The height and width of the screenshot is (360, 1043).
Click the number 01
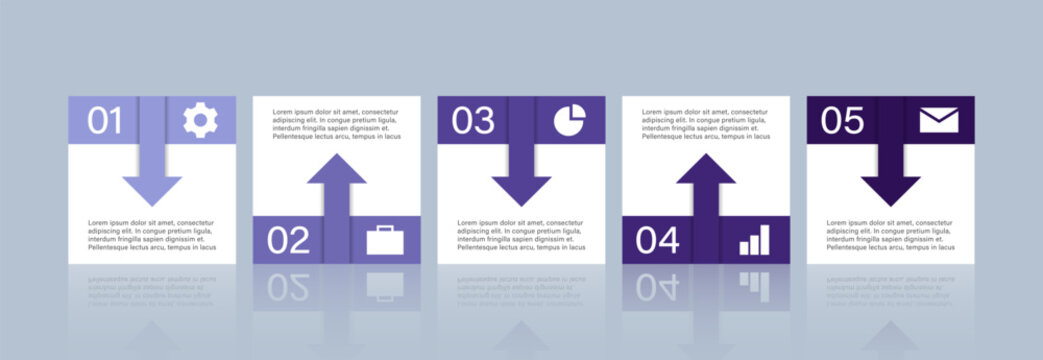click(x=104, y=121)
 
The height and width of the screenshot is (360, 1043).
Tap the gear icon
click(x=200, y=121)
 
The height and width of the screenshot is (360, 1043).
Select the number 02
click(x=288, y=240)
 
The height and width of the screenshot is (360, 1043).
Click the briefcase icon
click(x=385, y=240)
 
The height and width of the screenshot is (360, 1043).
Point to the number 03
click(x=473, y=121)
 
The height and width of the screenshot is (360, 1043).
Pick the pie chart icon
click(x=569, y=121)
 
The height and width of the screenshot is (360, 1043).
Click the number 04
click(x=658, y=240)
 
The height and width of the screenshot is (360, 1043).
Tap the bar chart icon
click(x=755, y=240)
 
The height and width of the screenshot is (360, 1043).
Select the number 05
click(x=842, y=121)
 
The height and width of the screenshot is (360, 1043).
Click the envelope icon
click(x=939, y=121)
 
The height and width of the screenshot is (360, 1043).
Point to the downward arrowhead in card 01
click(x=152, y=189)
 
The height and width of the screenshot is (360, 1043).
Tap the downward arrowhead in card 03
click(x=521, y=189)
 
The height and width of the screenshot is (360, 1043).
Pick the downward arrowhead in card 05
click(x=890, y=189)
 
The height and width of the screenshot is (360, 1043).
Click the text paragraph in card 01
click(x=152, y=235)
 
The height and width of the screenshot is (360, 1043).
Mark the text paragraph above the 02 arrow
click(x=336, y=124)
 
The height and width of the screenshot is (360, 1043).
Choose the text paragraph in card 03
click(x=521, y=235)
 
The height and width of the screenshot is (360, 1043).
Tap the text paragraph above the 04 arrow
click(x=706, y=124)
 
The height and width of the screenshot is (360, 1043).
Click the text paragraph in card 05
click(x=890, y=235)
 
